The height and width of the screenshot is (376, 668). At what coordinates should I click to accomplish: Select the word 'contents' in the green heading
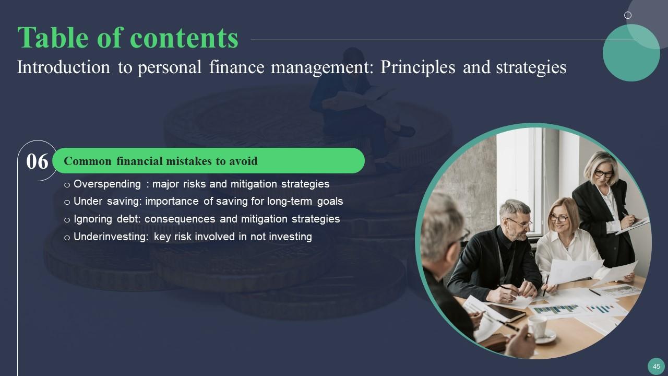coord(184,38)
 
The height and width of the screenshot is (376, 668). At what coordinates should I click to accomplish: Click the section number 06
coord(37,161)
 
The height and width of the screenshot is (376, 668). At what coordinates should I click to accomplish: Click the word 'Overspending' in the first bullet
coord(107,184)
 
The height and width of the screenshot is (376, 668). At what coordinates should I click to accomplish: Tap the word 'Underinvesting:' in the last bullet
coord(111,237)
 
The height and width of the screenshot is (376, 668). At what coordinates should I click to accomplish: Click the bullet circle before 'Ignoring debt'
coord(67,220)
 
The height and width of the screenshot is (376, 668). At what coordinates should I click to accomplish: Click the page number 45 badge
coord(656,367)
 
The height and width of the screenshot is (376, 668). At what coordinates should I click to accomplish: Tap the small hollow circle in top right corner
coord(628,15)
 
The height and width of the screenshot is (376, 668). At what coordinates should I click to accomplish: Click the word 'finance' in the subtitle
coord(235,67)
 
